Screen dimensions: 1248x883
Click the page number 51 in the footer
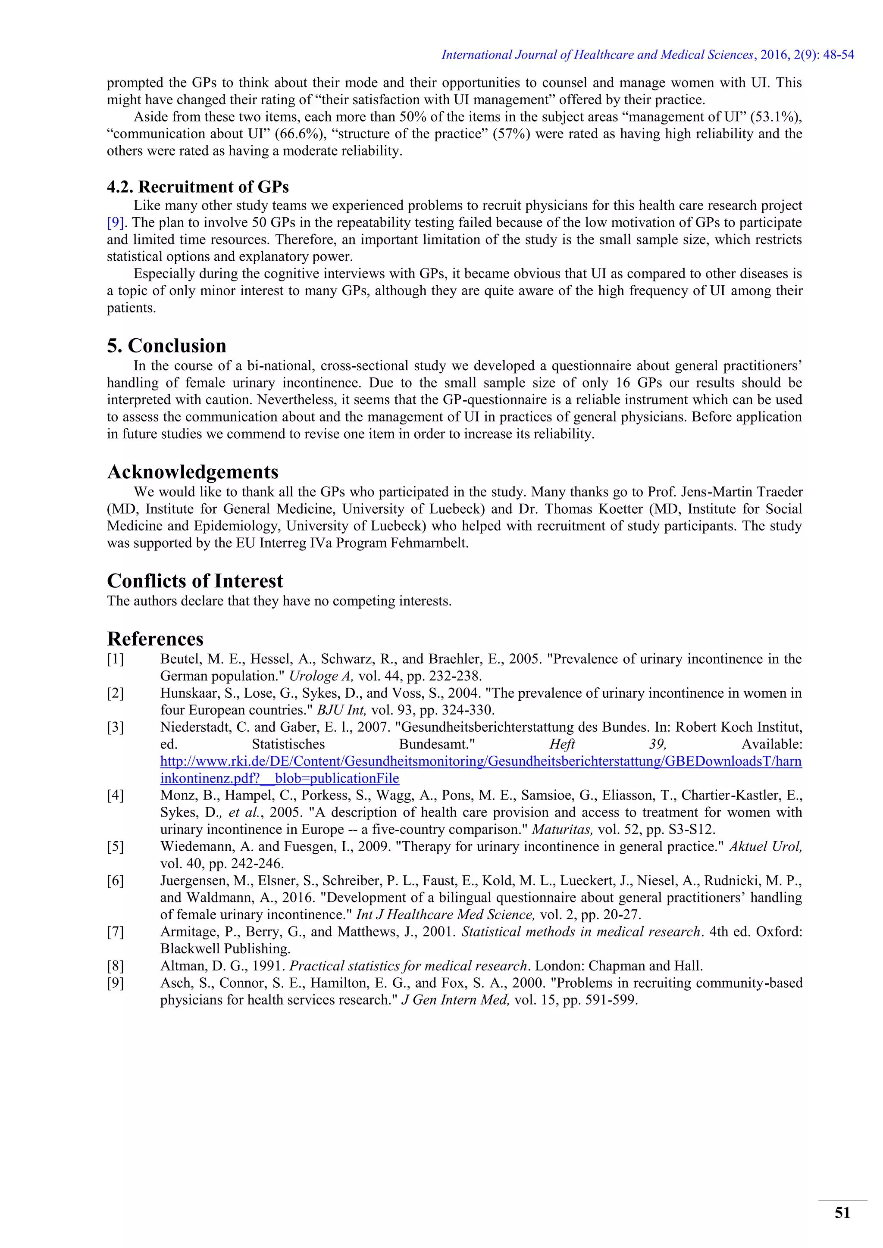tap(842, 1213)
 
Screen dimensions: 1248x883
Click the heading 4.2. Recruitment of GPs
tap(197, 187)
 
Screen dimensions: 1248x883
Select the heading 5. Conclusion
tap(166, 346)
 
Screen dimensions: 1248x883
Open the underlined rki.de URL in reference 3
tap(481, 761)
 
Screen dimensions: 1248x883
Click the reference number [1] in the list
tap(115, 659)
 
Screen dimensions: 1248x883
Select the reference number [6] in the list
tap(115, 880)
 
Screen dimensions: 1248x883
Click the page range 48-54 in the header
tap(839, 55)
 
